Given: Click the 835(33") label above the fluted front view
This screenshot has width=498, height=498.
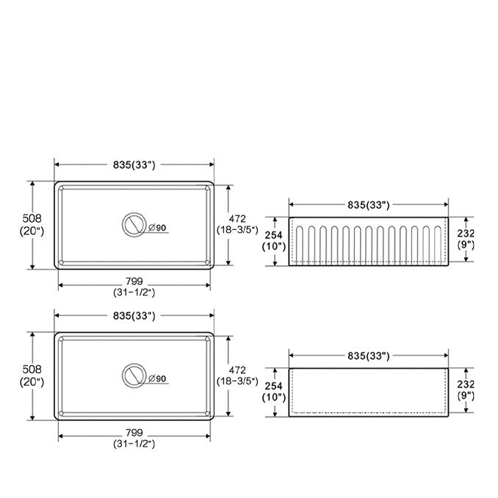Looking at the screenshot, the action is pos(369,205).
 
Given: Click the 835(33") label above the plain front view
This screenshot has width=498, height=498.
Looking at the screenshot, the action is pos(369,356).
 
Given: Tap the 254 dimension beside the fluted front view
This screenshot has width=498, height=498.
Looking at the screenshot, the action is pos(274,235).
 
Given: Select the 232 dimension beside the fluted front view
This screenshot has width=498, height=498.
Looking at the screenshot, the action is pos(466,234).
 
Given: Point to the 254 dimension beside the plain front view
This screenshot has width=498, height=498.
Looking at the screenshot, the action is pos(274,386).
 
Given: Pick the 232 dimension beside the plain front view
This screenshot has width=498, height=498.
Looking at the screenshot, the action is pos(466,385).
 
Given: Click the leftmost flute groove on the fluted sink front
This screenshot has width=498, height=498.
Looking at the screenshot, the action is pos(300,245).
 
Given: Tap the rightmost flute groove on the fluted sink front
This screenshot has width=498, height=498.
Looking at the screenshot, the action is pos(437,245).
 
